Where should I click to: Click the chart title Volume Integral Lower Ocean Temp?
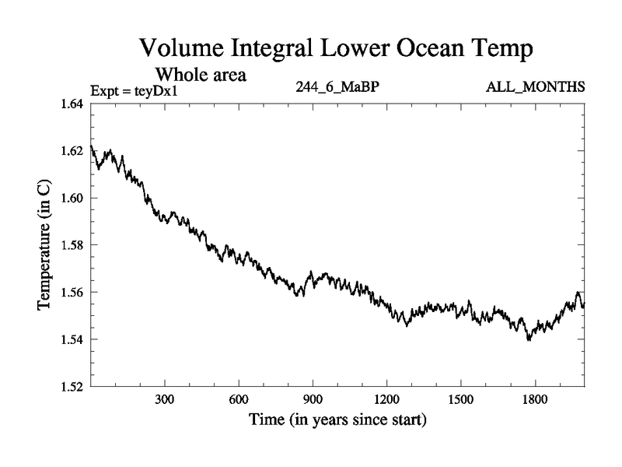click(337, 49)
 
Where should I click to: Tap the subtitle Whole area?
click(201, 75)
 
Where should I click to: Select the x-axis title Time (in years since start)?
click(337, 421)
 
